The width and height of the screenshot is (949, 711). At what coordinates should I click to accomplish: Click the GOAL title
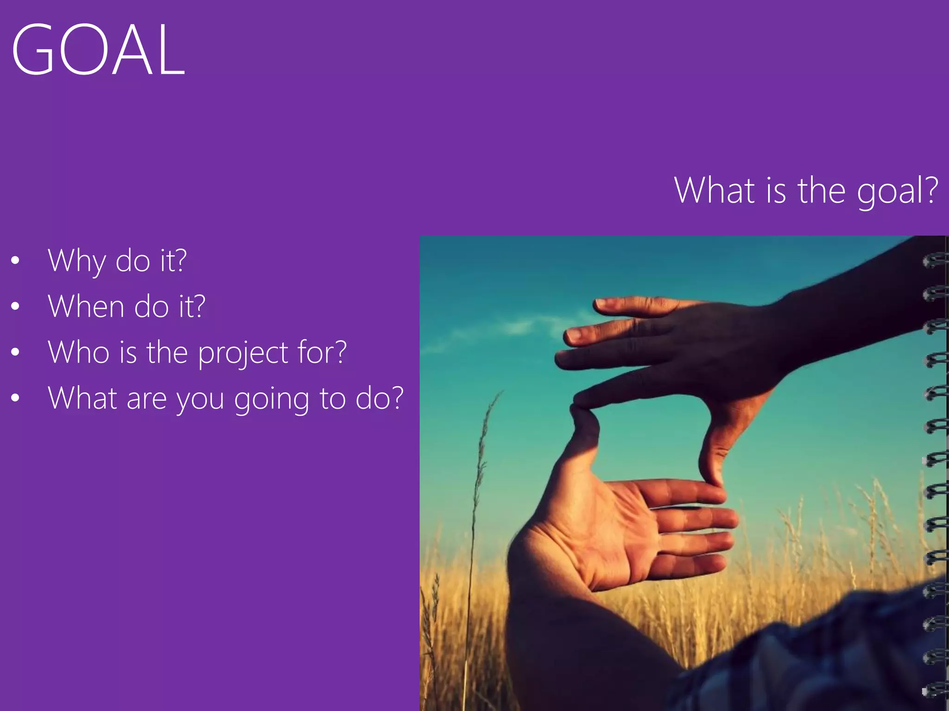coord(98,50)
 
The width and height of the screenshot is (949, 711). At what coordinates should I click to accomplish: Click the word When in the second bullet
coord(86,306)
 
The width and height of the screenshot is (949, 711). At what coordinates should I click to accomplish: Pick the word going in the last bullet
coord(271,399)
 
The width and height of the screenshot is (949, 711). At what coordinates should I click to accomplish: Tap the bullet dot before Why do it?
coord(15,261)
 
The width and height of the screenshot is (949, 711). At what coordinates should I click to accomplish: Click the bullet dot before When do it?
coord(15,306)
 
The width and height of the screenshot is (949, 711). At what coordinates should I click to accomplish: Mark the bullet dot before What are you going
coord(15,398)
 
